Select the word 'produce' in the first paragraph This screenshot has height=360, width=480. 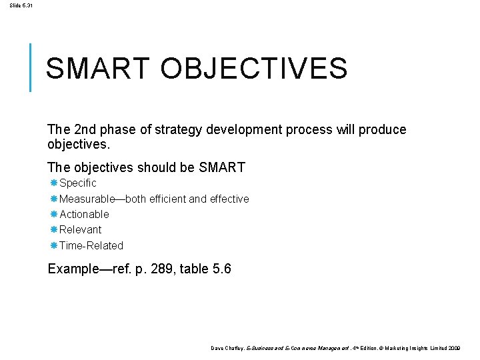[383, 129]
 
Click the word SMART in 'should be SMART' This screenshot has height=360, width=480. [222, 167]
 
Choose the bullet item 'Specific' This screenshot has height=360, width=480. [78, 183]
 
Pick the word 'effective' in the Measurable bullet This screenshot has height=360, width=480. [227, 199]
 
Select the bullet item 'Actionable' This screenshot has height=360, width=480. [84, 214]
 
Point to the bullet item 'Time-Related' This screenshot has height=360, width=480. [91, 245]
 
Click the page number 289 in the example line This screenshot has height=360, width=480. [149, 270]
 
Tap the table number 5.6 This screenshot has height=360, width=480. [219, 270]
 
